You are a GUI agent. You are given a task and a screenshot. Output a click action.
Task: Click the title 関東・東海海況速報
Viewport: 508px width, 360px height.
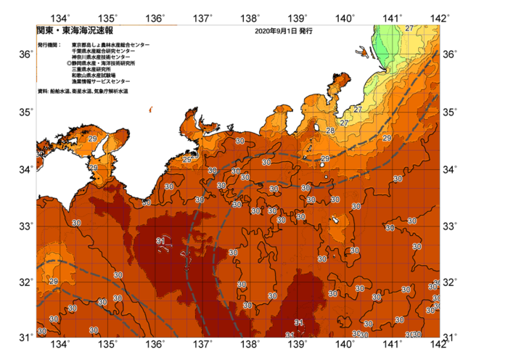[x=75, y=31]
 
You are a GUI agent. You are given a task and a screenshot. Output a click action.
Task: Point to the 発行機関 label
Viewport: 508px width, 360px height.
[x=52, y=45]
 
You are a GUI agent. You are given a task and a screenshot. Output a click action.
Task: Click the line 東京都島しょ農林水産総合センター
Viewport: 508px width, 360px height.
[x=110, y=45]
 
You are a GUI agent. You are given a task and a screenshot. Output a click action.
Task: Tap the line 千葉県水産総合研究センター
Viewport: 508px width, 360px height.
[x=103, y=51]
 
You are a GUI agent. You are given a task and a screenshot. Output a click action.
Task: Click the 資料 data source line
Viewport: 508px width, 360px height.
[x=83, y=91]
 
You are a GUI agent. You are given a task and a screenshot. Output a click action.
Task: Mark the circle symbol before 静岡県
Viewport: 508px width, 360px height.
[x=68, y=64]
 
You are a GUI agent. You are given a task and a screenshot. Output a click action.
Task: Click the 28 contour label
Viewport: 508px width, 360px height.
[x=330, y=131]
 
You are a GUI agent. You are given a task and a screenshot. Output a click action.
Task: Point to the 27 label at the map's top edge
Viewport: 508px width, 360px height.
[x=410, y=28]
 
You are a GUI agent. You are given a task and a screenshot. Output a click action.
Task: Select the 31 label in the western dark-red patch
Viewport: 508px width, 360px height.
[x=160, y=241]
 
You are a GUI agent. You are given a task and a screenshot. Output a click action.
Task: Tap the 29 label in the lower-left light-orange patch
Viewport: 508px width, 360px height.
[x=54, y=281]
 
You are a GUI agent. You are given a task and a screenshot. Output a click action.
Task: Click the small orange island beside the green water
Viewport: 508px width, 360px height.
[x=361, y=52]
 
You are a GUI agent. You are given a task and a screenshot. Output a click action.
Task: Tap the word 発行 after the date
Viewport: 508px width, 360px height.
[x=306, y=32]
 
